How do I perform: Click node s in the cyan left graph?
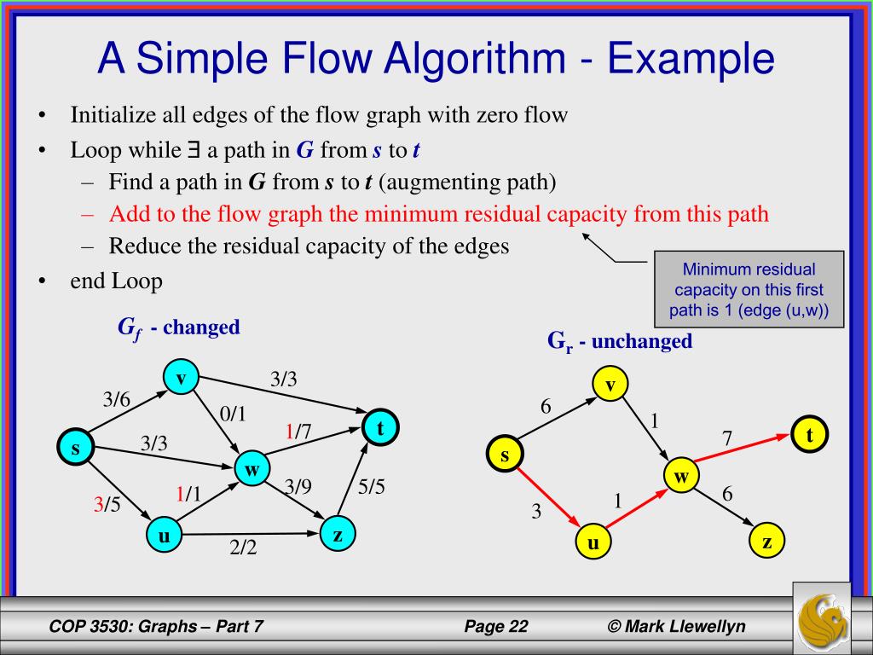click(75, 448)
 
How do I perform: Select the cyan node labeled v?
click(180, 376)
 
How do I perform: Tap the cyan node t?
click(381, 429)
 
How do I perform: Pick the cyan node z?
click(338, 534)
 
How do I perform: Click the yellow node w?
click(680, 477)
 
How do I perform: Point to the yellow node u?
click(593, 542)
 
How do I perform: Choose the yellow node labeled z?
click(767, 542)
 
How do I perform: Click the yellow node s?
click(504, 455)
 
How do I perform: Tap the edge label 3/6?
click(116, 399)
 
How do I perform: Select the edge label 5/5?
click(372, 489)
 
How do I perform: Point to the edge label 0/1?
click(233, 414)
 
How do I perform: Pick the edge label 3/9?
click(298, 487)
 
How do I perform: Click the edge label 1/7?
click(298, 432)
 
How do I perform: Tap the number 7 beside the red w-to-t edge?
click(727, 438)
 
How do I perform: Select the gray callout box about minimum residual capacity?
click(749, 290)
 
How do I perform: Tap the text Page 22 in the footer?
click(496, 627)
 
